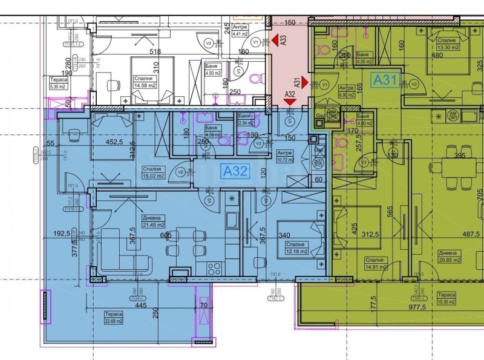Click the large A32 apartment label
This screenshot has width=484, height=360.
pos(235,172)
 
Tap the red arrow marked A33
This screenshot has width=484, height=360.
pos(279,41)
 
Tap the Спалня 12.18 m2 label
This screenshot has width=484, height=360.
pos(296,248)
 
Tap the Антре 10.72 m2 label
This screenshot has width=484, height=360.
pos(284,157)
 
